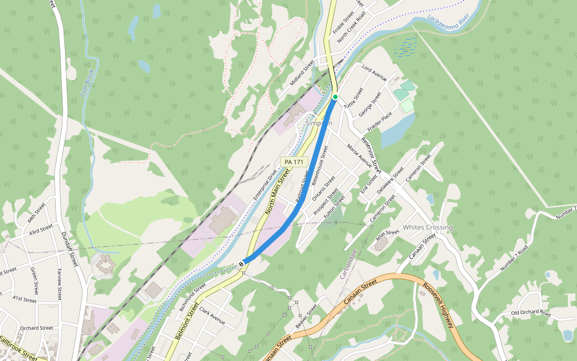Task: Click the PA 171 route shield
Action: click(295, 162)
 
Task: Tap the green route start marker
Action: click(335, 97)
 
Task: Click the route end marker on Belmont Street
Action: click(241, 263)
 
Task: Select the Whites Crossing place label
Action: click(427, 227)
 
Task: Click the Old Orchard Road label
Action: click(531, 313)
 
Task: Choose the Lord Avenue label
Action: click(374, 74)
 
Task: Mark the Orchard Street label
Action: click(37, 328)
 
